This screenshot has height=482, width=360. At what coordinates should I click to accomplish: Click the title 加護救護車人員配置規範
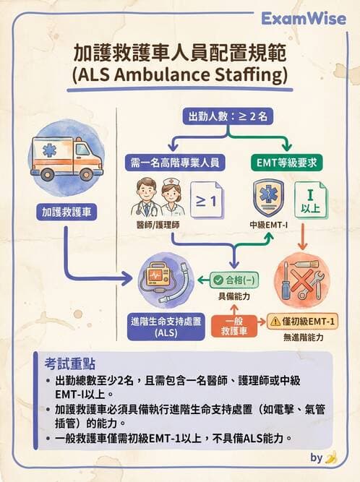click(x=180, y=54)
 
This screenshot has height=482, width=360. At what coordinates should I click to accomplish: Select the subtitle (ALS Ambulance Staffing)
click(x=180, y=76)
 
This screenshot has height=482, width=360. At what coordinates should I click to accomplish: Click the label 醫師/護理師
click(x=158, y=225)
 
